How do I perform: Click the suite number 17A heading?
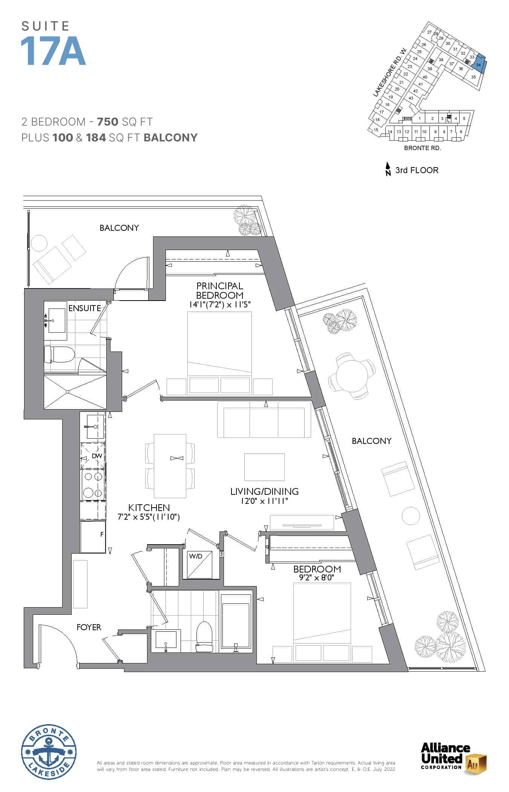coord(53,51)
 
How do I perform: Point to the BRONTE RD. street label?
coord(422,148)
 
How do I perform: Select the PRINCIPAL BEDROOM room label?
coord(219,290)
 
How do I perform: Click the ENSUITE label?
coord(84,308)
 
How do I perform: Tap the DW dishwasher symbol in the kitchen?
coord(92,456)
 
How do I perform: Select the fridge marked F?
coord(93,537)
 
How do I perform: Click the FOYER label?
coord(89,627)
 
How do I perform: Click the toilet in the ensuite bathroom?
coord(59,355)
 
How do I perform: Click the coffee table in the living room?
coord(264,467)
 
